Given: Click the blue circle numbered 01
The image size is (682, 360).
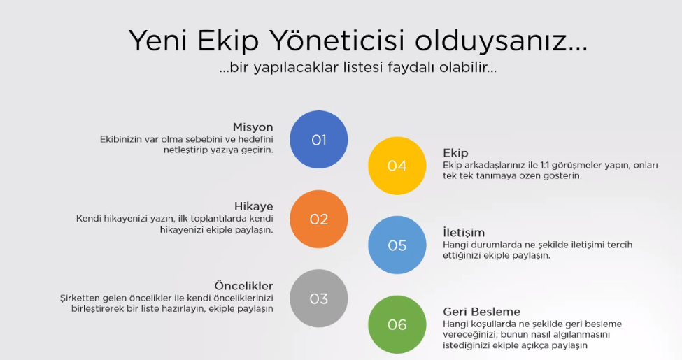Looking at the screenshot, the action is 319,140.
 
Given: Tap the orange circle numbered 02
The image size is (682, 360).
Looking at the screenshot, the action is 319,219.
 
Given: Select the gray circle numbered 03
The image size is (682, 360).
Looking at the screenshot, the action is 319,298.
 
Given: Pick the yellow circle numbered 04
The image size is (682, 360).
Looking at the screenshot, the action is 397,166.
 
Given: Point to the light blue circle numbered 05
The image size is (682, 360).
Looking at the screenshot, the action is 397,245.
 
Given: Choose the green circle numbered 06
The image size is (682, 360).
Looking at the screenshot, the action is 397,324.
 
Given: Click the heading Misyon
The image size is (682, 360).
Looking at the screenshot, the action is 253,127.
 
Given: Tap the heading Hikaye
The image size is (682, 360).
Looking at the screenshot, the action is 254,206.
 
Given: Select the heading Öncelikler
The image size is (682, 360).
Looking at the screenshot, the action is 243,286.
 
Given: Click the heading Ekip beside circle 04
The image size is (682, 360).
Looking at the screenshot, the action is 455,153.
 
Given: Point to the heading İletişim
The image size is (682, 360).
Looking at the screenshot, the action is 464,232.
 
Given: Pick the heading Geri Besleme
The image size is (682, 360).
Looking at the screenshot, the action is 481,312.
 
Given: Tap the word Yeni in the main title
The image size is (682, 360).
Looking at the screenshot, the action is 158,41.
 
